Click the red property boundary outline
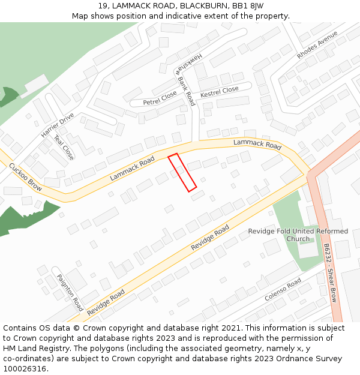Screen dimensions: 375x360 (x=182, y=173)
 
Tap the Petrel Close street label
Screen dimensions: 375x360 (x=160, y=98)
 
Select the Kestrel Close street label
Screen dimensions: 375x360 (x=219, y=92)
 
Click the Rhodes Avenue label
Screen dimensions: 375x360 (x=317, y=45)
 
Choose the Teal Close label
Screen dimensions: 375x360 (x=64, y=148)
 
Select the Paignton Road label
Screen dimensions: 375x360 (x=70, y=292)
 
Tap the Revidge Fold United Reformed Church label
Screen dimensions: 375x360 (x=298, y=235)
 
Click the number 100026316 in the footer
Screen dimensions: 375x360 (x=25, y=369)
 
